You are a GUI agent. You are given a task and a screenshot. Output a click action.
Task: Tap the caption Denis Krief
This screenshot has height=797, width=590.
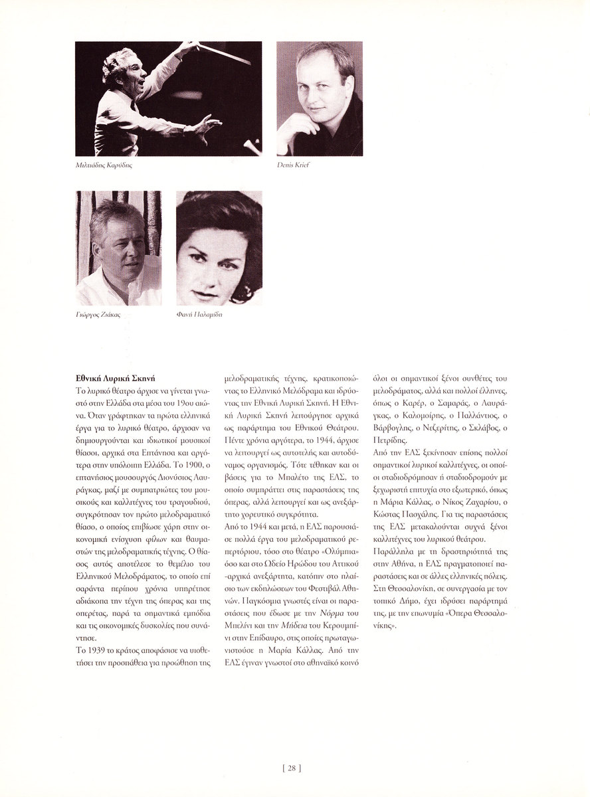tap(294, 164)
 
